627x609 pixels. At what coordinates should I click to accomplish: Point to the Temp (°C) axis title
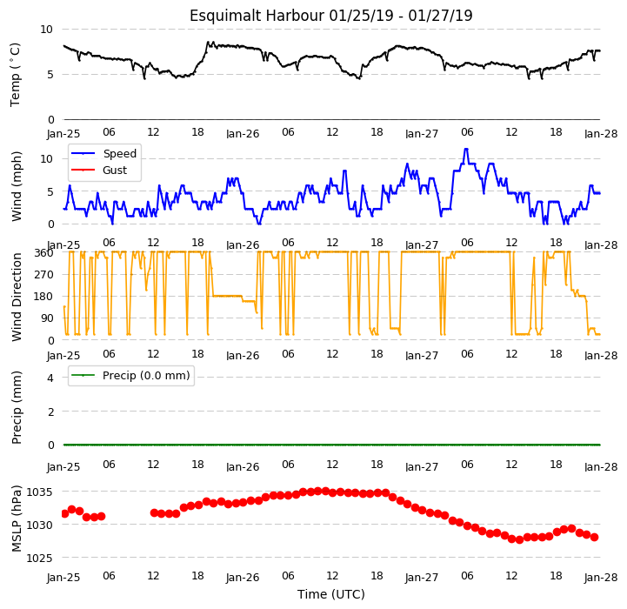coord(15,75)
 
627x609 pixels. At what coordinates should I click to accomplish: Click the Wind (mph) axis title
coord(16,186)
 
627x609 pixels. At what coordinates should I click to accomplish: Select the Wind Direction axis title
coord(17,297)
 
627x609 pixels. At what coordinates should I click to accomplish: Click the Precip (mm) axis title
coord(16,407)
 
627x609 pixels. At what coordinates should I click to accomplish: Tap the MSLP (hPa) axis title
coord(16,519)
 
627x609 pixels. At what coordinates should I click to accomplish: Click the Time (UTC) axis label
coord(331,594)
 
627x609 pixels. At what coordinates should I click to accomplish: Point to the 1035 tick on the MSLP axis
coord(39,492)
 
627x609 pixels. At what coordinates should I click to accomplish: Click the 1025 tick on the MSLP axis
coord(39,559)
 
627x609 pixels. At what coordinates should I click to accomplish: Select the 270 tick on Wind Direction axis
coord(44,275)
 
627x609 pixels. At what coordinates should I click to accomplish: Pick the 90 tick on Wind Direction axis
coord(47,318)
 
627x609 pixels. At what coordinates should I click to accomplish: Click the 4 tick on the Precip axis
coord(50,378)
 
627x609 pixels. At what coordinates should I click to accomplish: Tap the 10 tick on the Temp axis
coord(46,30)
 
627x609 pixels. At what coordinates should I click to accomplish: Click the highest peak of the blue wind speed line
coord(466,150)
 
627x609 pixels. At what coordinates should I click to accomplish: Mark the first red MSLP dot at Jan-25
coord(64,514)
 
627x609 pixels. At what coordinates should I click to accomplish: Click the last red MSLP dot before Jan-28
coord(595,538)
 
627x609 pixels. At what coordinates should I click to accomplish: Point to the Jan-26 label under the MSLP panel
coord(243,578)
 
